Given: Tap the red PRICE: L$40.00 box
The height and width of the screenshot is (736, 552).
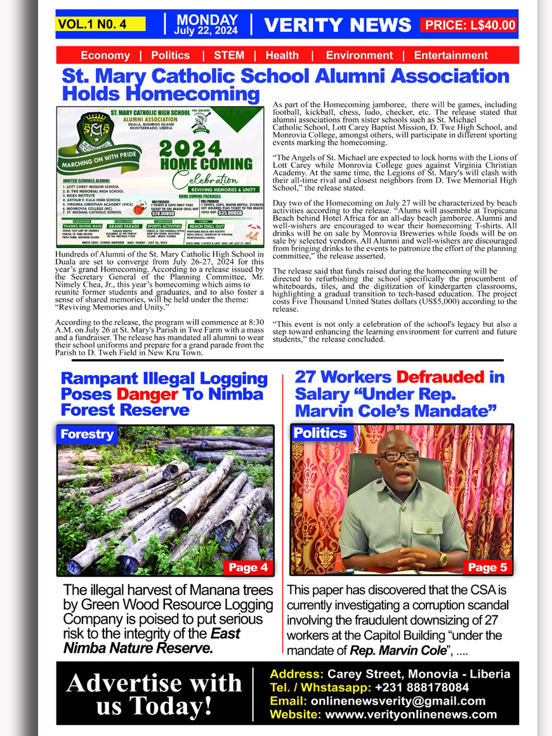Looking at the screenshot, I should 470,25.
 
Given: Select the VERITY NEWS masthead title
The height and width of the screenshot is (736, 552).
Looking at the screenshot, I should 338,25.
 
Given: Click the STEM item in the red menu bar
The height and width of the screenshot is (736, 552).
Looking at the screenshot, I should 229,55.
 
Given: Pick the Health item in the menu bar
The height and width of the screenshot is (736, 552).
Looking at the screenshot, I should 282,55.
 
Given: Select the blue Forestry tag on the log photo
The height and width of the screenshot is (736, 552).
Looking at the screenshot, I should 86,434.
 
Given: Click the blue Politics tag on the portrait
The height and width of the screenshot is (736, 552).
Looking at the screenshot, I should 320,433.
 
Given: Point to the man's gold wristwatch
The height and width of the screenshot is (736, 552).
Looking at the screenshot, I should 442,558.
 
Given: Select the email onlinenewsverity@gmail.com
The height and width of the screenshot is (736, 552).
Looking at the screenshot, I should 397,701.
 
